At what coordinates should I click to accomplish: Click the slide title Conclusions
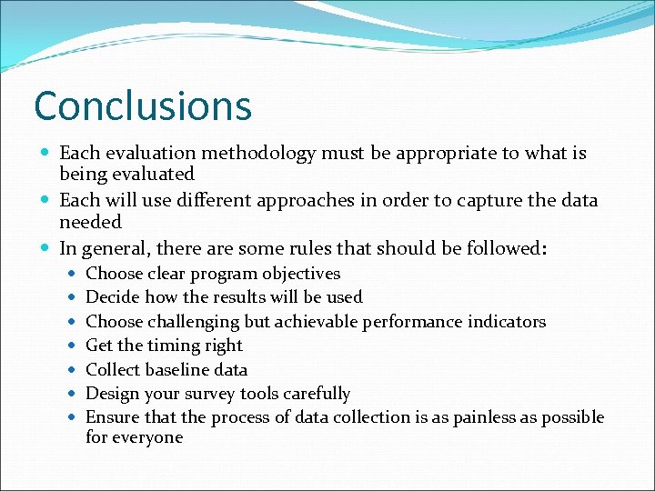point(143,105)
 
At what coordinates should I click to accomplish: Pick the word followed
point(500,247)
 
